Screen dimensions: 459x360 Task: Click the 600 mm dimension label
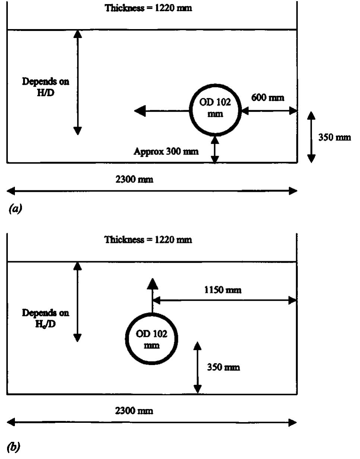[268, 98]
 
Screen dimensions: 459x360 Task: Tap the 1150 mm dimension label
[223, 290]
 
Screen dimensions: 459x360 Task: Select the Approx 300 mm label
[166, 152]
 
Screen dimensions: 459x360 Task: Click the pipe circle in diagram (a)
[215, 109]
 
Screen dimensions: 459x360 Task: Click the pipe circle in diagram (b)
[151, 339]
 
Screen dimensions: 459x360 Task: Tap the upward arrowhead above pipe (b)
[152, 284]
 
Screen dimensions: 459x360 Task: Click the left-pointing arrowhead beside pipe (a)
[140, 111]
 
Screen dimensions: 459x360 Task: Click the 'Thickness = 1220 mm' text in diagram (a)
[149, 8]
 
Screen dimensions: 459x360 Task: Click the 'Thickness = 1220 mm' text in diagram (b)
[149, 240]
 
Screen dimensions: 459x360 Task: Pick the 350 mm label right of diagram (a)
[334, 137]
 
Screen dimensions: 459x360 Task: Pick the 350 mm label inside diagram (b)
[223, 367]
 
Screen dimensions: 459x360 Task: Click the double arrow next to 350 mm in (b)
[198, 367]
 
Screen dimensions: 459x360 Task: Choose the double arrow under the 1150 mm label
[224, 300]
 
